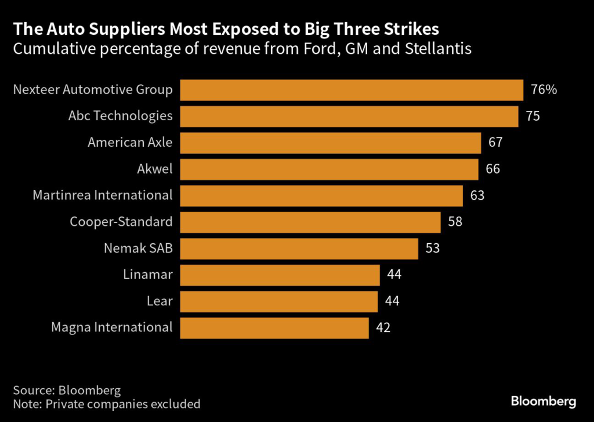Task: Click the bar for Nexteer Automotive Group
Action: (x=352, y=90)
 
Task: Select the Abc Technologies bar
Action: (x=349, y=116)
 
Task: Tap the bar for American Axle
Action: (x=330, y=143)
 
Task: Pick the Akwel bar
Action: (x=329, y=169)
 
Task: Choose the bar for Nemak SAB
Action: (x=299, y=248)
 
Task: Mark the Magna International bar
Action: (x=274, y=327)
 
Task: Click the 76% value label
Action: (x=544, y=90)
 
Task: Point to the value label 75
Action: (x=533, y=116)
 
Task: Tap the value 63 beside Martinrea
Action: (x=477, y=196)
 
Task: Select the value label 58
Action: (x=455, y=222)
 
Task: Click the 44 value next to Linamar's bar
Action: (x=394, y=275)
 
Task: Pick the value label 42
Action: (x=383, y=327)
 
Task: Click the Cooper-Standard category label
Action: (x=121, y=222)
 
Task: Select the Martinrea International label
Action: (x=103, y=196)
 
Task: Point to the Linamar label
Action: (x=148, y=275)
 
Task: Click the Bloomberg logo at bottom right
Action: (x=543, y=401)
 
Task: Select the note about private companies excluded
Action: (x=107, y=403)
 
